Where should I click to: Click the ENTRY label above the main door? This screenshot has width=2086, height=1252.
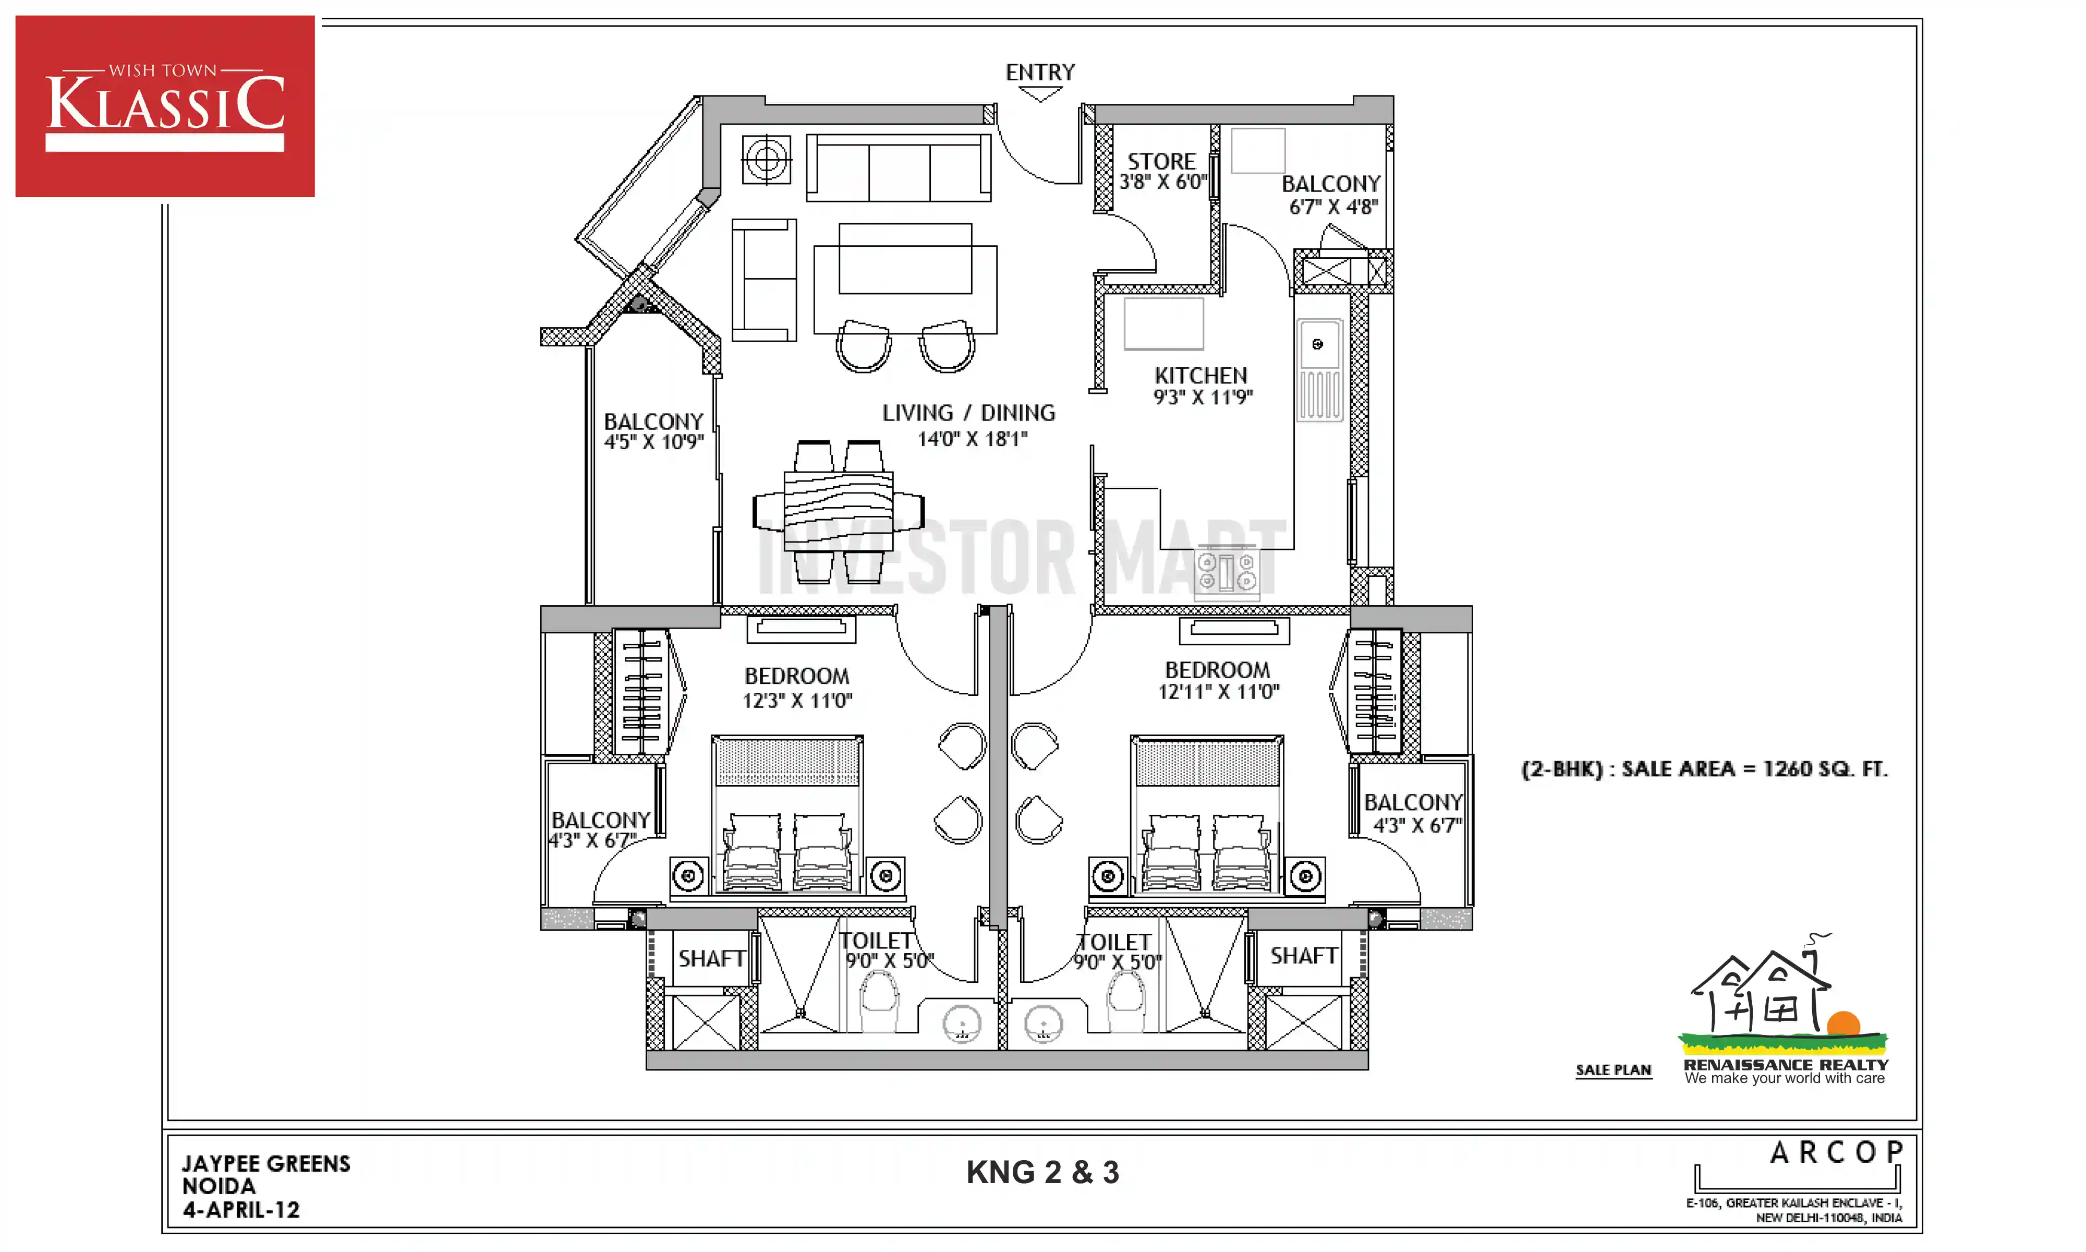(1040, 73)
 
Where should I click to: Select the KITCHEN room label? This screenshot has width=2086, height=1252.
(1200, 376)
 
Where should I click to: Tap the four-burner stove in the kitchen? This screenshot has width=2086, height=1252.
(1226, 571)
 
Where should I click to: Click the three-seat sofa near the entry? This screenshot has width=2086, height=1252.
(899, 168)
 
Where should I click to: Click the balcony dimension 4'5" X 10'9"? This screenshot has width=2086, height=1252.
(653, 442)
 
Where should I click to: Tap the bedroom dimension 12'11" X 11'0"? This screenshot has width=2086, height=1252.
(1218, 692)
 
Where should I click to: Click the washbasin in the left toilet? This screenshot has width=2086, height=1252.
(962, 1024)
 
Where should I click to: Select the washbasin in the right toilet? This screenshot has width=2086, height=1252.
(1043, 1024)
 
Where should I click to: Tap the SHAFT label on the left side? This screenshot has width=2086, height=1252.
(712, 958)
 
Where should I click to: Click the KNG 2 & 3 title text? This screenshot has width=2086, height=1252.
(1042, 1172)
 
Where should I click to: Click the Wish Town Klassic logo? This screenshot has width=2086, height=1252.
(165, 106)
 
